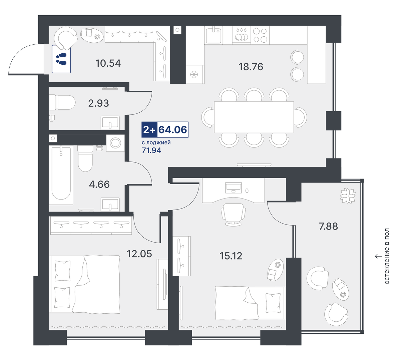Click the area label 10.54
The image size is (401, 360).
click(x=108, y=63)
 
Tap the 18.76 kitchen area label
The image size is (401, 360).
click(x=251, y=67)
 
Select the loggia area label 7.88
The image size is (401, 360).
click(x=328, y=227)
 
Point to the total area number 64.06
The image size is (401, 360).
click(x=172, y=130)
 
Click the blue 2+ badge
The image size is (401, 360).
click(x=149, y=130)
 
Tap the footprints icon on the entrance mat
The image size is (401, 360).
click(x=61, y=59)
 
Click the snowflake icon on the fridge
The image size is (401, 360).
click(x=194, y=74)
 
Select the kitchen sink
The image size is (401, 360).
click(x=214, y=36)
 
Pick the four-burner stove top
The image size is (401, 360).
click(x=260, y=35)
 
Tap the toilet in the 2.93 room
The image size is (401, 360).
click(x=62, y=102)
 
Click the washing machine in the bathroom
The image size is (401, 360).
click(x=115, y=143)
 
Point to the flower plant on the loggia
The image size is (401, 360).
click(x=348, y=196)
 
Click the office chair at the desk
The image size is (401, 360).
click(x=233, y=215)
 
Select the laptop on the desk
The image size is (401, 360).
click(x=233, y=188)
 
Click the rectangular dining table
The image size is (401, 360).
click(x=254, y=117)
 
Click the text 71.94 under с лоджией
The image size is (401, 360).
click(x=151, y=150)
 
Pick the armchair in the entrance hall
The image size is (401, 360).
click(x=65, y=38)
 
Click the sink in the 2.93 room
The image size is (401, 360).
click(x=110, y=123)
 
